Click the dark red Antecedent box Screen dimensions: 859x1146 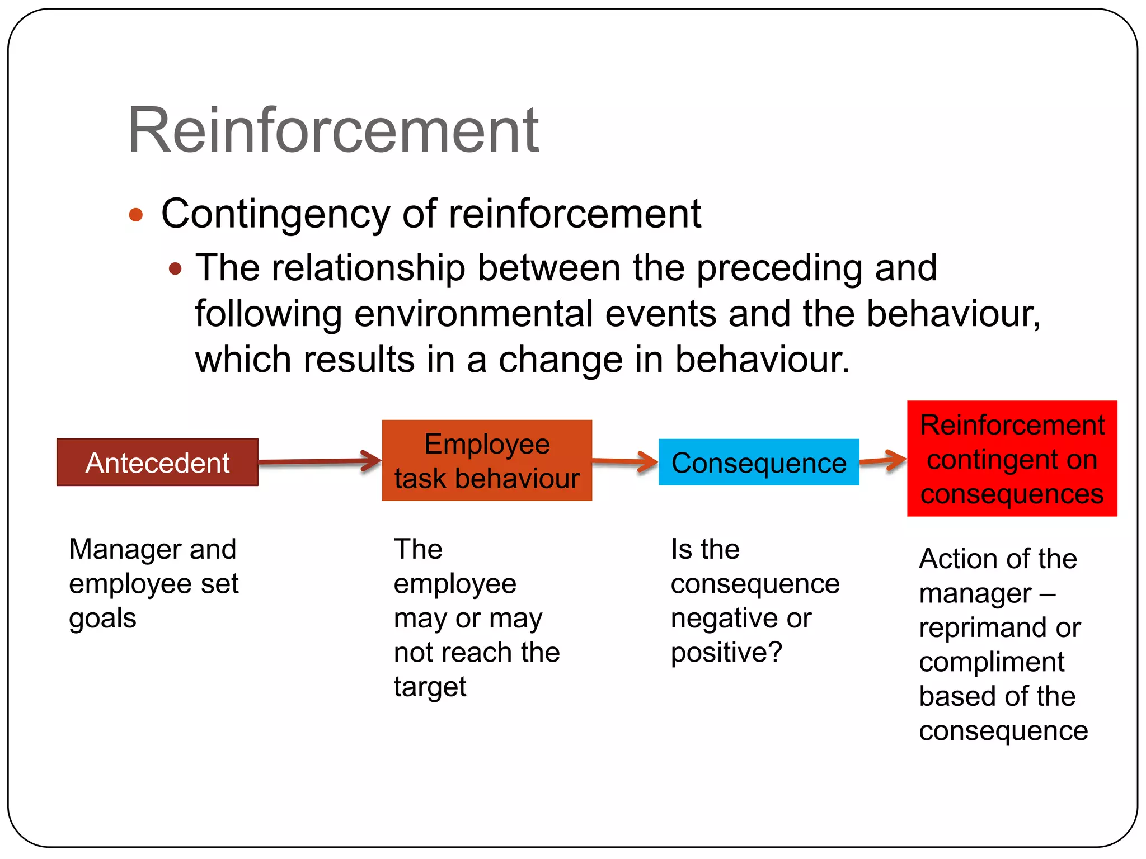157,462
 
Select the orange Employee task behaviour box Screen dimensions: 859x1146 487,460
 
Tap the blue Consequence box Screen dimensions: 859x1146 759,462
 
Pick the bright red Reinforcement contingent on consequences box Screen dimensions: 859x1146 1012,459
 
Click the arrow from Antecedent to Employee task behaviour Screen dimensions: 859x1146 319,461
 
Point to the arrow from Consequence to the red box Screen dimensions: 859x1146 883,460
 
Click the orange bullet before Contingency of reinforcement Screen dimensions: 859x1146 136,215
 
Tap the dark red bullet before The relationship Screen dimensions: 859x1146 175,269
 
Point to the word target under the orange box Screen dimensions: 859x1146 430,687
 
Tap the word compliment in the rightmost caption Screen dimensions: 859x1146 992,663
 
